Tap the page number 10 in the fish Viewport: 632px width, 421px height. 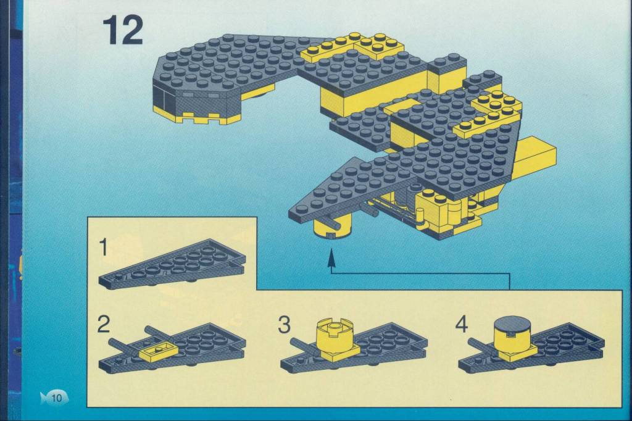tap(56, 398)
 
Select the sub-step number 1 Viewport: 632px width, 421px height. tap(104, 247)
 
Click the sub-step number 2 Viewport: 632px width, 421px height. tap(104, 324)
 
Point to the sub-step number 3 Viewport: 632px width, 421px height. tap(284, 324)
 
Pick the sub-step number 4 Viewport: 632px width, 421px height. tap(462, 324)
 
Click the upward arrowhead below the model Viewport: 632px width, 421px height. tap(331, 258)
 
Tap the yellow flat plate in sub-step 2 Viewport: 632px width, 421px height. tap(157, 351)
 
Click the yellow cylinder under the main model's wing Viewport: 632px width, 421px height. tap(333, 226)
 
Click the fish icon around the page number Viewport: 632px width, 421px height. tap(54, 398)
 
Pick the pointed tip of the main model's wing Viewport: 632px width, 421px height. tap(290, 212)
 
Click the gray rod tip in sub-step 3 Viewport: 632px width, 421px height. tap(294, 341)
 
